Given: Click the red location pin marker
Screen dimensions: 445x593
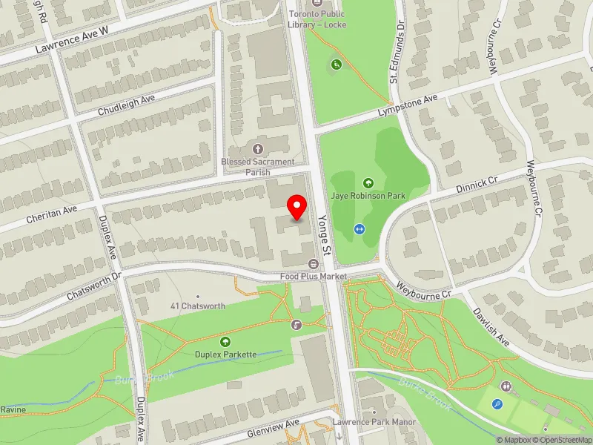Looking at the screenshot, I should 297,207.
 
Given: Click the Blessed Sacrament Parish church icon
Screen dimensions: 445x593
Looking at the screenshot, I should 258,148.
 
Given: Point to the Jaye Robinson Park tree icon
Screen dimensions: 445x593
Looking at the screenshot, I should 368,182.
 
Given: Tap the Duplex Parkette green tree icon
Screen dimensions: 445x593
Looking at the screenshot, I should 225,342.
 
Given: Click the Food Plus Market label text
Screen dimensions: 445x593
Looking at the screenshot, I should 313,277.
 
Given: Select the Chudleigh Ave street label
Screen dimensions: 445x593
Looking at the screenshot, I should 126,105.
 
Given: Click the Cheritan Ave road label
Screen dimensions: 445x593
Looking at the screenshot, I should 50,211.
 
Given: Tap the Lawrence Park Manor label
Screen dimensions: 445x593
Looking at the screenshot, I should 374,422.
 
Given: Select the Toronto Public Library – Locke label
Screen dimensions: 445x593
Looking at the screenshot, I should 317,19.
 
